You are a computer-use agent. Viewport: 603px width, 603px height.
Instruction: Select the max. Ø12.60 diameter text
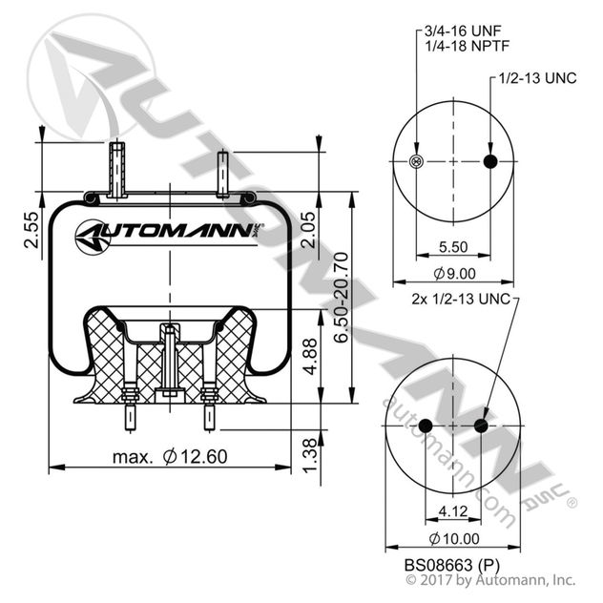tap(170, 456)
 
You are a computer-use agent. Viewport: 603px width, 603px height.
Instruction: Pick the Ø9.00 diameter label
tap(453, 274)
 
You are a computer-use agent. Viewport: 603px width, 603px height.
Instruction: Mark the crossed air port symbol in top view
tap(416, 161)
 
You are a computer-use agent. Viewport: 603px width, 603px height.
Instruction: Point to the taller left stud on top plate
tap(116, 170)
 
